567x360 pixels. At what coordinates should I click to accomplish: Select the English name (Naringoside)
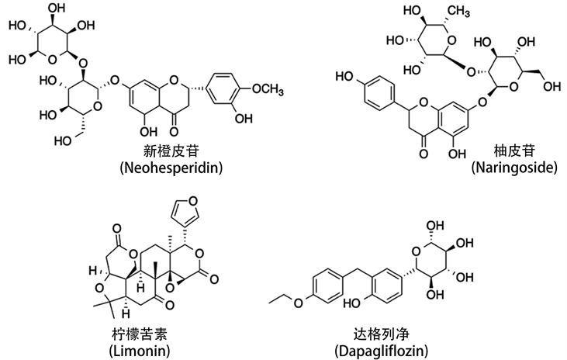click(505, 167)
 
